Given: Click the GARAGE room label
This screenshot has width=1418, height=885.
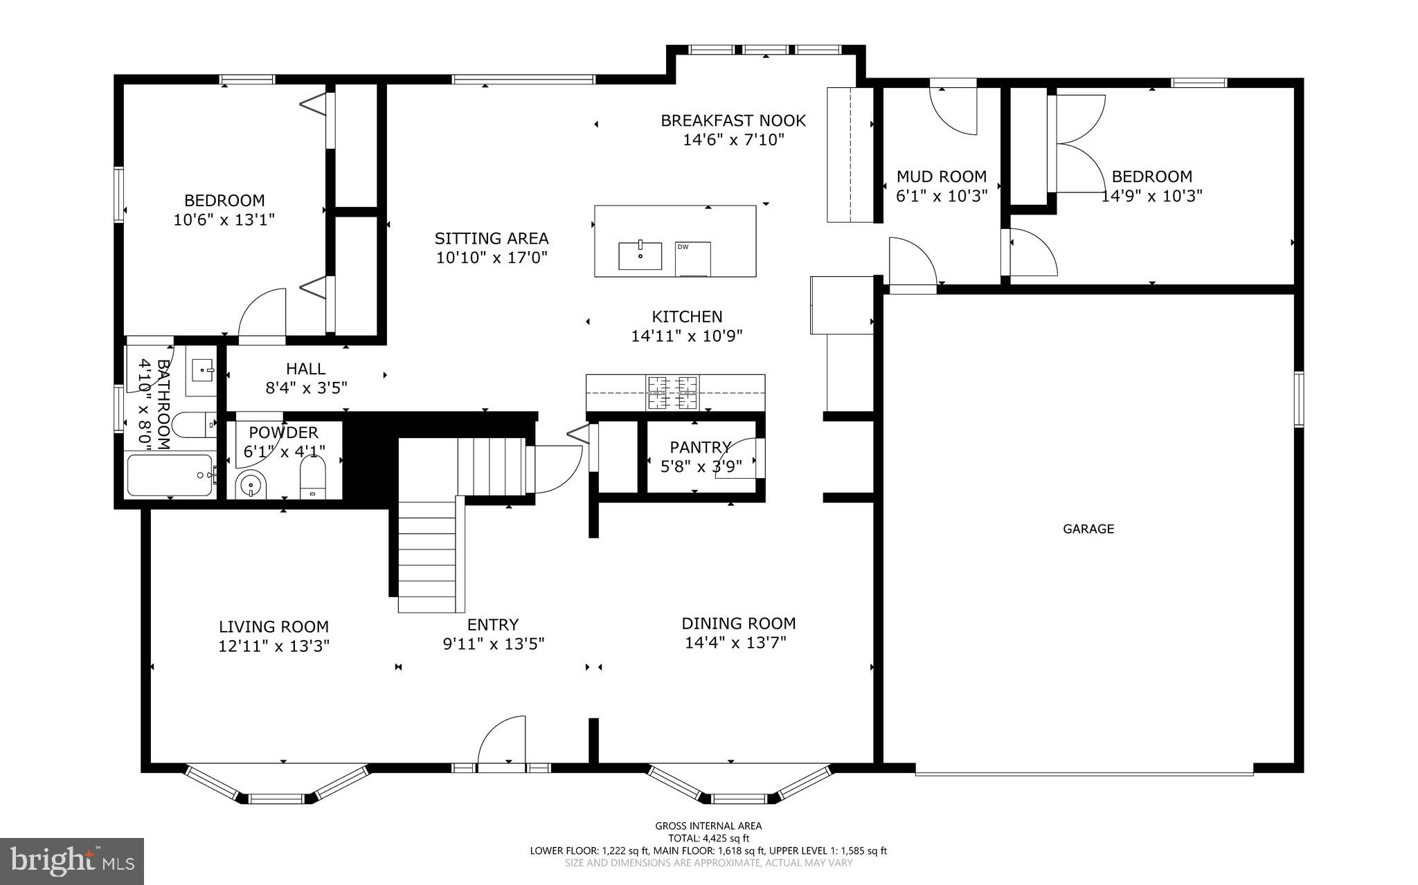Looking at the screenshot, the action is click(1088, 529).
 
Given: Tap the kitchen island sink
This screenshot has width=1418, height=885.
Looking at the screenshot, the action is click(640, 255).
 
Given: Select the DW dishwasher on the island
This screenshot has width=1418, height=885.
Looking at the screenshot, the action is click(693, 259).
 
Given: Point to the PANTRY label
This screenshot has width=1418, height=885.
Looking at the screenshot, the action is click(701, 447).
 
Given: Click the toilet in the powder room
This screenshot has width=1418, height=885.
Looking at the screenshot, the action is click(313, 479).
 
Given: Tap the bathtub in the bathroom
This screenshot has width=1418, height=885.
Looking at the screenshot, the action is click(170, 475).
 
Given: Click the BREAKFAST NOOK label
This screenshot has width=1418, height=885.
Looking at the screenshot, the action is click(733, 120).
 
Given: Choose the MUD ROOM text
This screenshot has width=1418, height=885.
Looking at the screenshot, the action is click(942, 176).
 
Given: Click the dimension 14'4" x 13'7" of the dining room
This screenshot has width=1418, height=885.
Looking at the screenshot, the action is click(736, 643).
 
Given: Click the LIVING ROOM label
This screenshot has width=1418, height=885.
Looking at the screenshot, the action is click(273, 627).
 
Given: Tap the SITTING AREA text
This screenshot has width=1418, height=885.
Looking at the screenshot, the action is click(492, 239).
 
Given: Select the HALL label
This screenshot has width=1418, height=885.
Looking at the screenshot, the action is click(306, 369).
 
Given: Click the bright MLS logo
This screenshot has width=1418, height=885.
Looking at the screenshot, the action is click(72, 861).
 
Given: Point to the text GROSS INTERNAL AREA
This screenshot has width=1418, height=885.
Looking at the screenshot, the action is click(708, 825).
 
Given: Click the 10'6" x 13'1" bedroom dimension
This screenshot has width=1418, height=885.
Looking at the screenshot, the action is click(224, 220).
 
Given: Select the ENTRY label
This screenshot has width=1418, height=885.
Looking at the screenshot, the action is click(493, 625).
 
